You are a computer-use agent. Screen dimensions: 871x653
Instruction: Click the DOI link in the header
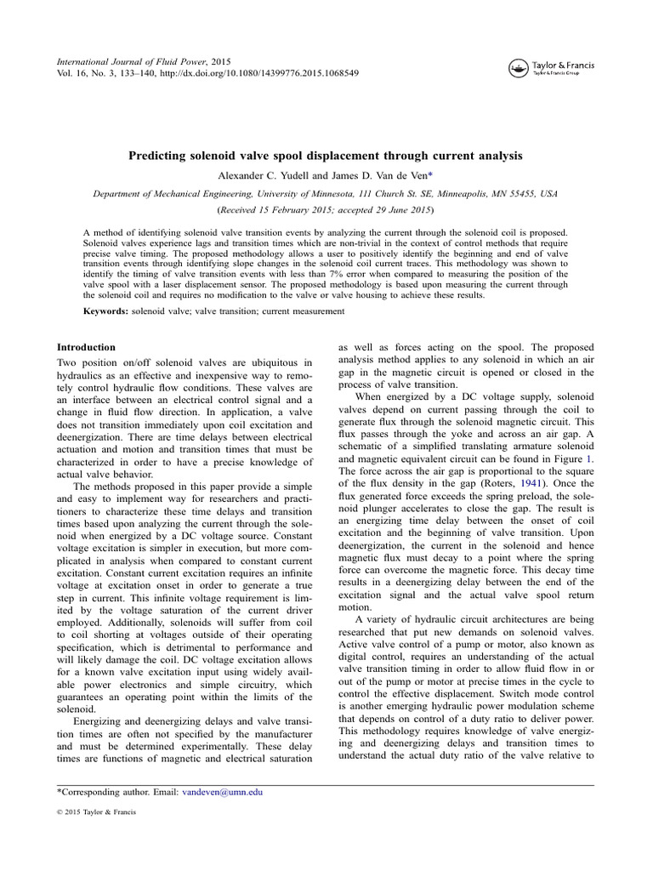point(258,74)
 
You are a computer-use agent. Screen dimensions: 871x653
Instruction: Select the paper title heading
point(325,157)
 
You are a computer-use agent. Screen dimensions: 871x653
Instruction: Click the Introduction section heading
point(86,347)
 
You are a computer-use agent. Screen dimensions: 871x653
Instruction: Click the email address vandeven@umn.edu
point(223,792)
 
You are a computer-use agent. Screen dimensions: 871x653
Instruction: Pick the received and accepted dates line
point(326,209)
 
